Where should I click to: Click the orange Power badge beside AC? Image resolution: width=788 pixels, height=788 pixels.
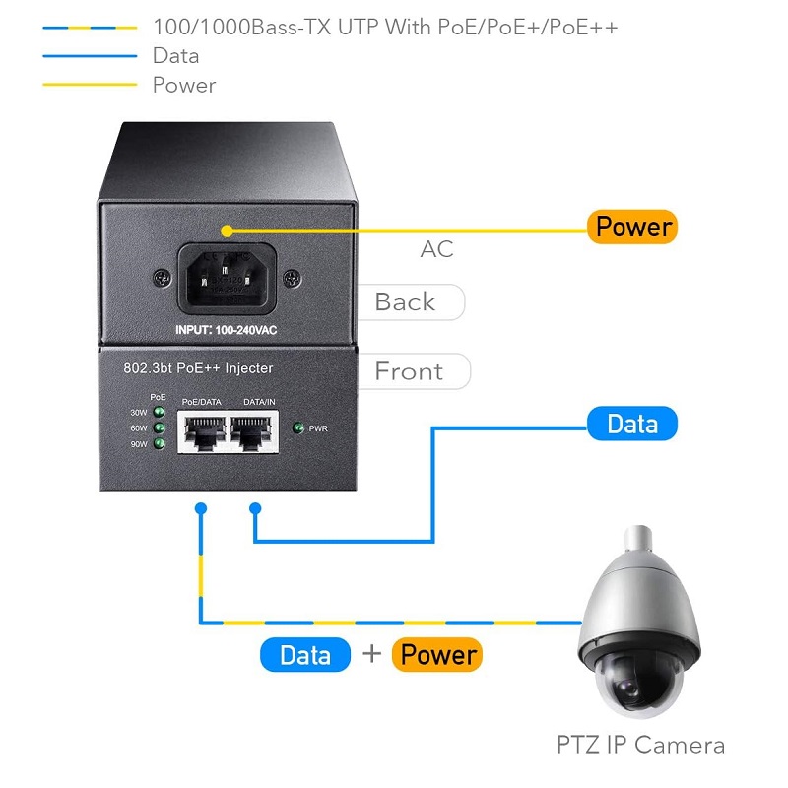pyautogui.click(x=634, y=227)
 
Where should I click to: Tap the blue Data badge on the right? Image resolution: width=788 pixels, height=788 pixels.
pyautogui.click(x=631, y=424)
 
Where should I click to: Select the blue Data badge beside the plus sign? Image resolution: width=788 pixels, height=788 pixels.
pyautogui.click(x=305, y=655)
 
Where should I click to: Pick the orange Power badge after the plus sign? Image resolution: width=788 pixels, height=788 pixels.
pyautogui.click(x=437, y=655)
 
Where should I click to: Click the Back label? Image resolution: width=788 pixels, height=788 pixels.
pyautogui.click(x=405, y=302)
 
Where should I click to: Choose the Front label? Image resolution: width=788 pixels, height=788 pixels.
pyautogui.click(x=410, y=371)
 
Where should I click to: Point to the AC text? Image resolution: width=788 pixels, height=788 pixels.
pyautogui.click(x=436, y=249)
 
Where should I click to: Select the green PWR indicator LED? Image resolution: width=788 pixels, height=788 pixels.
pyautogui.click(x=298, y=428)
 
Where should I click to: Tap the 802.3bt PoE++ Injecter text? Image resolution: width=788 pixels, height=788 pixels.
pyautogui.click(x=198, y=368)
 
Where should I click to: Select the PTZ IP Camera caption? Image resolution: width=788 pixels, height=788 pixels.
pyautogui.click(x=639, y=745)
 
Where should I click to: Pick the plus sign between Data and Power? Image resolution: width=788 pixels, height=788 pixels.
pyautogui.click(x=371, y=654)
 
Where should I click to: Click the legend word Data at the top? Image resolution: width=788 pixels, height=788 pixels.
pyautogui.click(x=175, y=56)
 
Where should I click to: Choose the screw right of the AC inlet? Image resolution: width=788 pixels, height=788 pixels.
pyautogui.click(x=291, y=279)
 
